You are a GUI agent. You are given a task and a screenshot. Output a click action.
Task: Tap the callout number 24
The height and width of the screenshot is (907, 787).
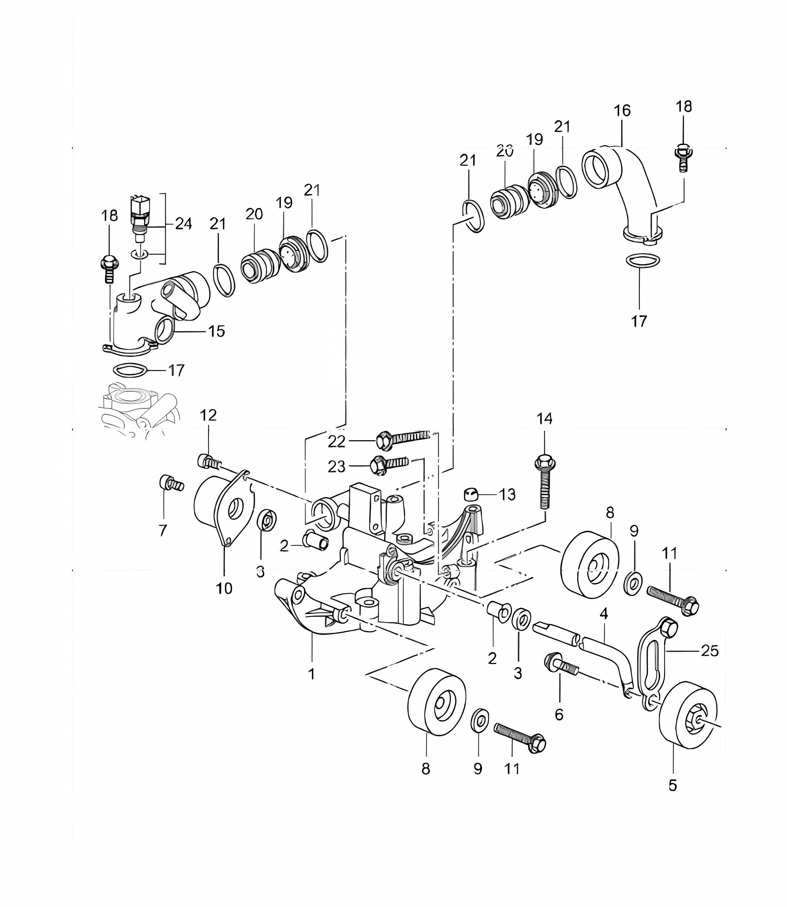click(x=184, y=224)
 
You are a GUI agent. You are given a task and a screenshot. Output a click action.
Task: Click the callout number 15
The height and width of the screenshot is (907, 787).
click(x=217, y=331)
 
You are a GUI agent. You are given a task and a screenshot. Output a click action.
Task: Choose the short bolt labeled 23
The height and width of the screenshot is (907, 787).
click(x=389, y=465)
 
